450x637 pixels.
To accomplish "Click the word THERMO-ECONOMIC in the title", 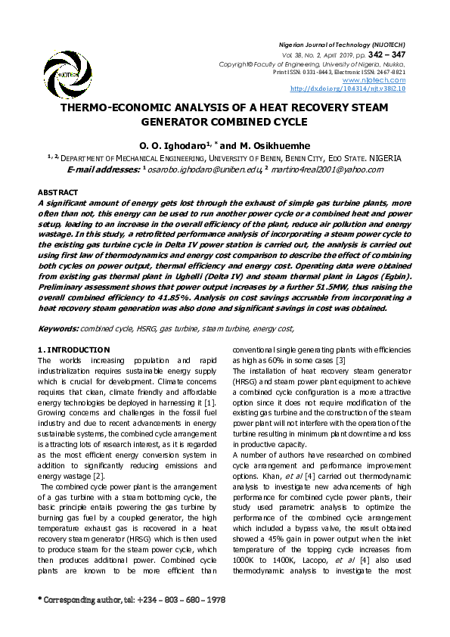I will click(x=120, y=108).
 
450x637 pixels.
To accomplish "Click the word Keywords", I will click(x=57, y=328).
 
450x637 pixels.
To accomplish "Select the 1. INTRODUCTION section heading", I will click(x=74, y=350).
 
